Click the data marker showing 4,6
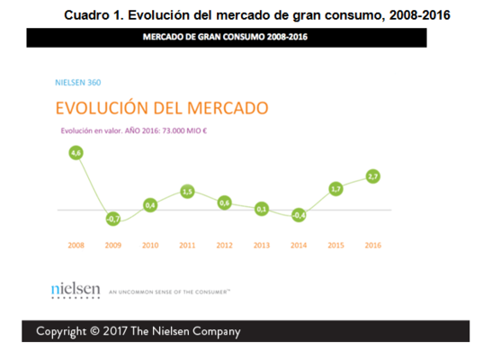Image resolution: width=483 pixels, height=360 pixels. (x=76, y=154)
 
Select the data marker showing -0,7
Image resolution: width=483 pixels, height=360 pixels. (x=113, y=219)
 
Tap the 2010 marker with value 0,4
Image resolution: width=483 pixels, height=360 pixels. (x=150, y=204)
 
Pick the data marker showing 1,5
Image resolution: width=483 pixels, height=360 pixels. (x=187, y=191)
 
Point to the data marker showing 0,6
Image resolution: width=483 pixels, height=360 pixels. (x=225, y=202)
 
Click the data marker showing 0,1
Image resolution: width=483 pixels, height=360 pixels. (x=262, y=209)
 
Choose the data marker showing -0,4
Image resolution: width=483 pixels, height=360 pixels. (x=299, y=215)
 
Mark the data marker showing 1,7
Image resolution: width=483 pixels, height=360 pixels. (x=335, y=189)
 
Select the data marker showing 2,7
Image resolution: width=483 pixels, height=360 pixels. (x=372, y=176)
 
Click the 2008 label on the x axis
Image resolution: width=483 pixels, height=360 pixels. (x=76, y=245)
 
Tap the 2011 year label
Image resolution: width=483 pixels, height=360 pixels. (x=187, y=245)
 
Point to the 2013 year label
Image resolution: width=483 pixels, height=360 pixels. (x=262, y=245)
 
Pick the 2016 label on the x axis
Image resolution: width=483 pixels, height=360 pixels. (x=372, y=245)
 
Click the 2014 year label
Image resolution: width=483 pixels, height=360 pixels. (x=299, y=245)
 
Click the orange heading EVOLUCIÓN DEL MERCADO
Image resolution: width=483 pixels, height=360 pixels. (x=162, y=109)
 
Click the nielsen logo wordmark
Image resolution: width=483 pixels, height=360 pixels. (x=76, y=289)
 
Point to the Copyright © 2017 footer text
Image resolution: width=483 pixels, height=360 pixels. (x=138, y=331)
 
